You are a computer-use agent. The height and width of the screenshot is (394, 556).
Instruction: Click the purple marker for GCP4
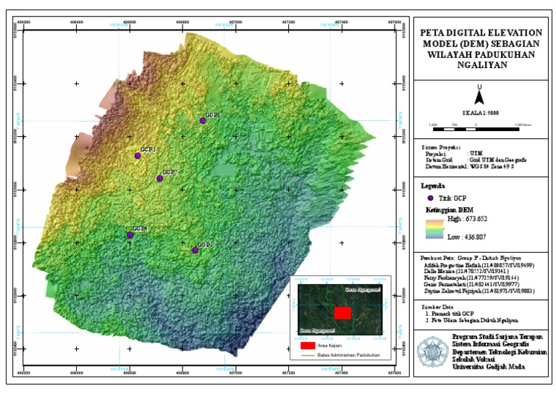click(x=130, y=235)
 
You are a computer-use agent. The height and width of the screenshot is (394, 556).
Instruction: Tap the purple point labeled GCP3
click(x=195, y=251)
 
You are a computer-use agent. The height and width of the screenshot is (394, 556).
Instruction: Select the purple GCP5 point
click(x=160, y=178)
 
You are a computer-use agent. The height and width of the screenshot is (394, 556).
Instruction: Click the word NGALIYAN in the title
click(x=481, y=64)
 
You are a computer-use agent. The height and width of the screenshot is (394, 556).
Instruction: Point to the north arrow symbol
click(x=479, y=93)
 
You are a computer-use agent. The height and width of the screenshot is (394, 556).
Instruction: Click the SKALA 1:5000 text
click(x=479, y=114)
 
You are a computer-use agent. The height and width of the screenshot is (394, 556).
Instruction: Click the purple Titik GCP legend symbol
click(x=430, y=198)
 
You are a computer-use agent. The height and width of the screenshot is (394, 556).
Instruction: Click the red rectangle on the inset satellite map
click(x=343, y=312)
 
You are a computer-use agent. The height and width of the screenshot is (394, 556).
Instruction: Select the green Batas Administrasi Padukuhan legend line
click(x=306, y=356)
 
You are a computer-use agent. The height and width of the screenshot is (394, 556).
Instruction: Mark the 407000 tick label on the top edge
click(x=235, y=22)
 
